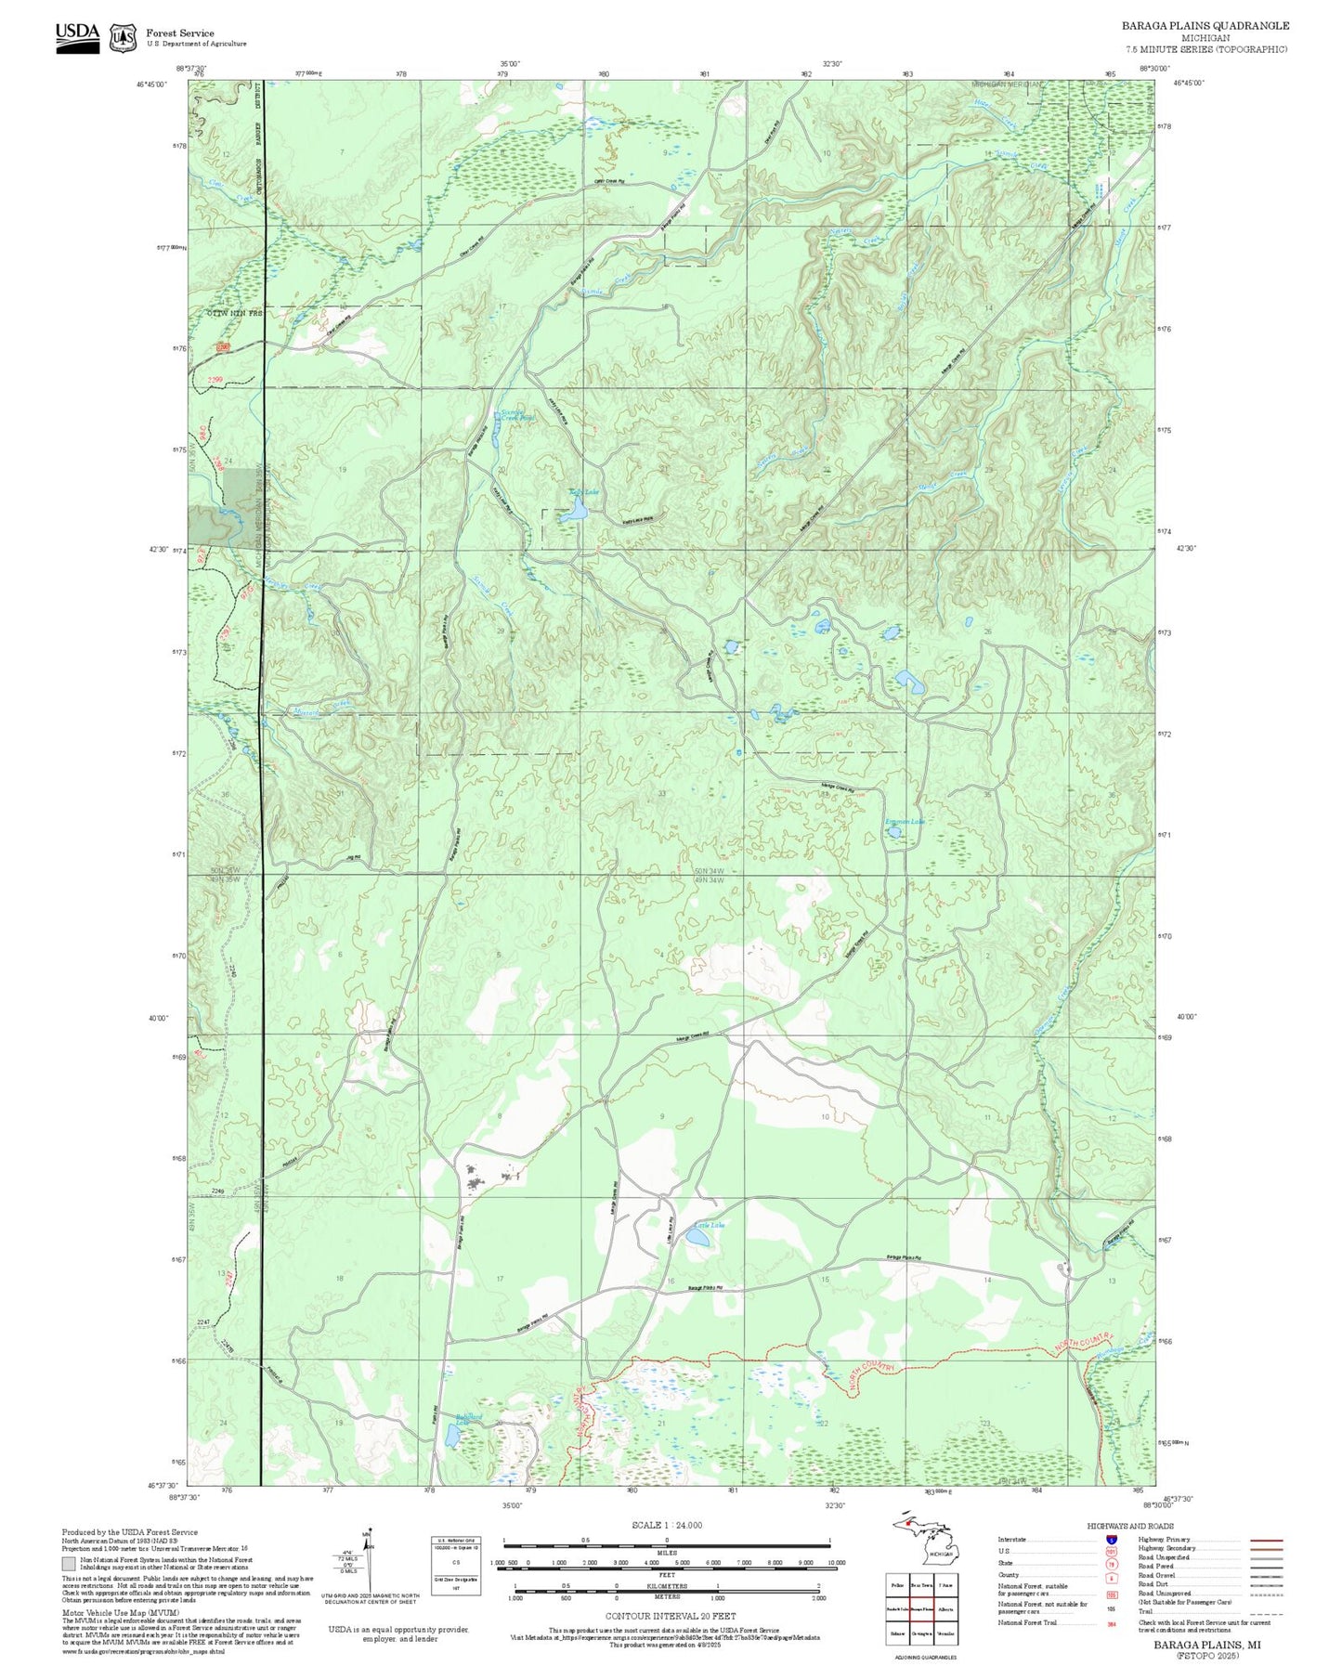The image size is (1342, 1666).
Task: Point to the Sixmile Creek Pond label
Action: click(x=517, y=416)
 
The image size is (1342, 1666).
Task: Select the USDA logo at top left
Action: click(x=77, y=37)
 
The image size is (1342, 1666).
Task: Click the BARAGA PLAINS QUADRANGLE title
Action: click(x=1205, y=26)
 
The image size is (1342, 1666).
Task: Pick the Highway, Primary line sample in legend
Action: click(x=1266, y=1540)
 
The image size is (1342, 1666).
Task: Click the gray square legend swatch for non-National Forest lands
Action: click(x=69, y=1563)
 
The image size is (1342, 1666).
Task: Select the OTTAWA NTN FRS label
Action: click(x=234, y=314)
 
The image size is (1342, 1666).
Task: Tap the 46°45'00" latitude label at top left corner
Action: click(x=152, y=85)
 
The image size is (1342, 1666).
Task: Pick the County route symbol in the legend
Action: click(x=1112, y=1575)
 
